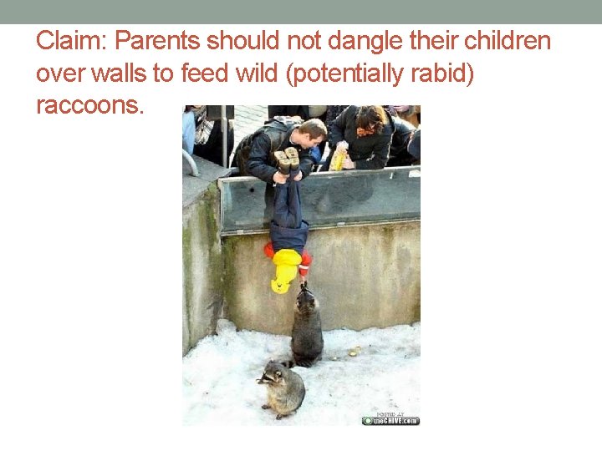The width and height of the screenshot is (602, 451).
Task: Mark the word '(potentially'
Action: click(348, 73)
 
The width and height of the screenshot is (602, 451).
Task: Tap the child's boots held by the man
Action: click(287, 159)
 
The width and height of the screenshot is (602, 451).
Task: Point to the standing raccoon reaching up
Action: click(306, 330)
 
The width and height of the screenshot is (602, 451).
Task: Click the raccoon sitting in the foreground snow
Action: click(282, 388)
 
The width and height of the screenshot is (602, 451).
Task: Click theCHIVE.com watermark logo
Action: click(390, 419)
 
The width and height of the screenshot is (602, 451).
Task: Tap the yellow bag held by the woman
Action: click(338, 159)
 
